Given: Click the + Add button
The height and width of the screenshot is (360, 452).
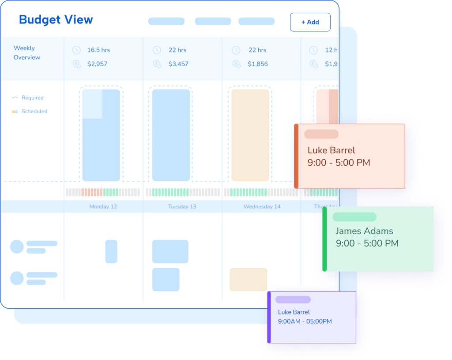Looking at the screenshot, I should [x=310, y=22].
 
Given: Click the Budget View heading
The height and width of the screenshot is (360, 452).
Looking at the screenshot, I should [x=56, y=20].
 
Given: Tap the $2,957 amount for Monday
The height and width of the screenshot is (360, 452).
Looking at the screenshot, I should [x=97, y=64].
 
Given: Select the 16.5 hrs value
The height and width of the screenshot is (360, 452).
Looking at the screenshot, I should [x=98, y=50].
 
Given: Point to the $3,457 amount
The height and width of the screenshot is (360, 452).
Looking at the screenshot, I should [x=178, y=64].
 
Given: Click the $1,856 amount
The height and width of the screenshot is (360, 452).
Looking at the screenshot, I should [x=258, y=64].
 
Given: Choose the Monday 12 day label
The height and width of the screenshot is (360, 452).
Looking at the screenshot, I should [x=103, y=207].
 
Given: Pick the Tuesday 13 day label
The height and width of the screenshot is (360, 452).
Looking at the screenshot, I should [x=182, y=207].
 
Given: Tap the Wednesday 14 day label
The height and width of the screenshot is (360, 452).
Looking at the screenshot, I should [x=262, y=207].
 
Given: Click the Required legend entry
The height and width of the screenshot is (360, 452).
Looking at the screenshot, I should [x=32, y=98].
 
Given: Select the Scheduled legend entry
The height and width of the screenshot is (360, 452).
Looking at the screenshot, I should [x=34, y=112].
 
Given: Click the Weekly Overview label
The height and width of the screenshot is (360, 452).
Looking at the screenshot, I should [x=26, y=53].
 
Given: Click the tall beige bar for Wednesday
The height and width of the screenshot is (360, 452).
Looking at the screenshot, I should [x=250, y=135].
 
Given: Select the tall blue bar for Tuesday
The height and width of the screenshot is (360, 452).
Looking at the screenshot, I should [x=171, y=135].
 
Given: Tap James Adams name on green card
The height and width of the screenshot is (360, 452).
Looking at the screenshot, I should [x=364, y=231].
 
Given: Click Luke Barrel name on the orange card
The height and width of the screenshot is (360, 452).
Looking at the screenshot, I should [x=331, y=150].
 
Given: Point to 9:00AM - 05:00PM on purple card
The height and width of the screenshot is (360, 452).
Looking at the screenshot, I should [x=305, y=322].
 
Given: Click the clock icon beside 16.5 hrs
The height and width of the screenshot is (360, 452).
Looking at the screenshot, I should [x=76, y=50].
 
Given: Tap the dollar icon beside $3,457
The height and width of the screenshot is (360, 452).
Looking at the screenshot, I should [x=157, y=64].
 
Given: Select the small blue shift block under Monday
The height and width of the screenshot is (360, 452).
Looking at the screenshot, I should [x=111, y=251].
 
